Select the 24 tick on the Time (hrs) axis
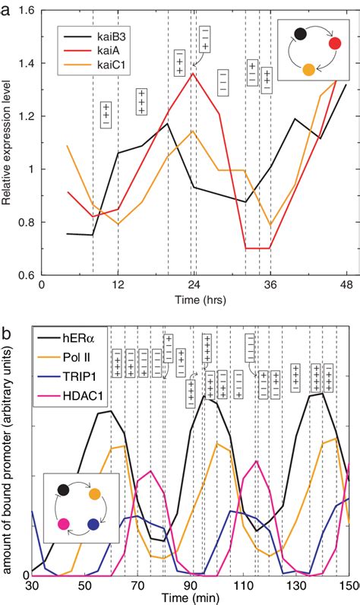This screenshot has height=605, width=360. (x=194, y=286)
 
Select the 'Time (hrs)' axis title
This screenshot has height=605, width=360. (x=193, y=300)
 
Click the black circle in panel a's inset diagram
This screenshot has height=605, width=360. (x=301, y=33)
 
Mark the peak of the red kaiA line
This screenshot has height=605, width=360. (x=193, y=73)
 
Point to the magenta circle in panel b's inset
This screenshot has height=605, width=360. (x=63, y=524)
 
